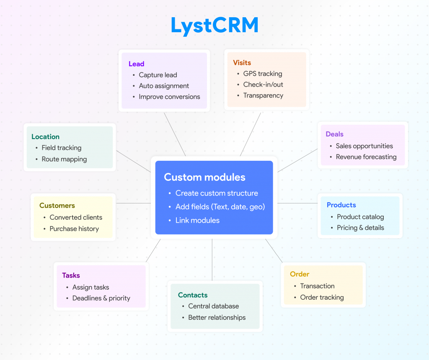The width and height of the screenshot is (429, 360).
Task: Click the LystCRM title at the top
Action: click(214, 26)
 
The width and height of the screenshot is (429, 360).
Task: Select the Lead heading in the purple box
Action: click(136, 64)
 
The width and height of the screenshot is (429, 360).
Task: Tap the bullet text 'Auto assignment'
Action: click(164, 86)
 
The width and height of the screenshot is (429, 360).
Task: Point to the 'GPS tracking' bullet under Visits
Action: click(263, 74)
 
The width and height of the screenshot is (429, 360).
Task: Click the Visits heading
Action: click(242, 63)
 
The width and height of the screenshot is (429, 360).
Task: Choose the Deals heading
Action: click(334, 134)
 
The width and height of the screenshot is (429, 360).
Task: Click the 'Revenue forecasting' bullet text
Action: click(366, 157)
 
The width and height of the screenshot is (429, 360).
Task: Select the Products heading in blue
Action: click(341, 205)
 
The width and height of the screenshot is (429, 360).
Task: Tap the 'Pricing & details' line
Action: click(360, 228)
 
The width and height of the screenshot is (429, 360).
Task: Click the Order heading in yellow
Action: click(300, 274)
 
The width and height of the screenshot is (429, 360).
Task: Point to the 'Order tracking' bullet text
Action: click(322, 297)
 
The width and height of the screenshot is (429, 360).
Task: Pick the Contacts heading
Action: click(193, 295)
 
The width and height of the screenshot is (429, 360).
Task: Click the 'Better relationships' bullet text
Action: click(217, 317)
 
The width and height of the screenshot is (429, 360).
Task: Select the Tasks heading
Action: click(71, 275)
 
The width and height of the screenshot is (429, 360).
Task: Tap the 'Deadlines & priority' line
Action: click(101, 298)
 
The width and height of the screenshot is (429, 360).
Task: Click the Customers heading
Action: click(57, 206)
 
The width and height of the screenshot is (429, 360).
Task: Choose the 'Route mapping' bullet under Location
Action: click(64, 159)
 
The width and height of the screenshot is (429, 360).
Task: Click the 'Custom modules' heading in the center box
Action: click(204, 177)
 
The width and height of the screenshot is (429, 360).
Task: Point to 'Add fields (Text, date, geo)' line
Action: click(220, 207)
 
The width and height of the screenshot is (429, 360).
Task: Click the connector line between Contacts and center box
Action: click(212, 260)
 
